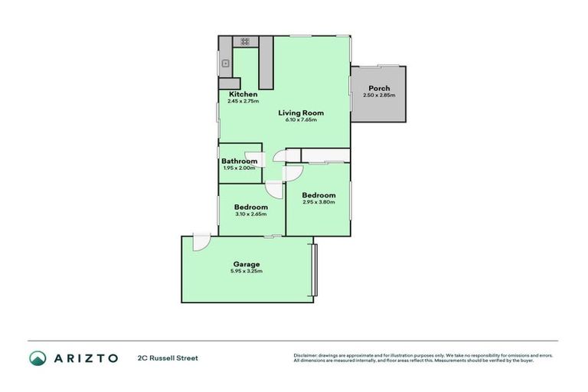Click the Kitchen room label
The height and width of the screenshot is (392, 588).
(x=242, y=94)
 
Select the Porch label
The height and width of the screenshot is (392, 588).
(x=378, y=88)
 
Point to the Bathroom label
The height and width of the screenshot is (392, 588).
(x=239, y=161)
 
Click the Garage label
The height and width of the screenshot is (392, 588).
(x=246, y=264)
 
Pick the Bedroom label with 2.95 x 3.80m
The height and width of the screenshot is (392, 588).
(x=318, y=195)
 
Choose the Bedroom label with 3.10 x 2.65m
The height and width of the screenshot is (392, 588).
(x=250, y=207)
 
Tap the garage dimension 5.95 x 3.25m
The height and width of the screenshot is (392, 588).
(x=246, y=271)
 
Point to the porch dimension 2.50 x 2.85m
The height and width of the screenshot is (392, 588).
(x=378, y=95)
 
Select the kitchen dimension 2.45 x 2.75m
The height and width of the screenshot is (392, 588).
(x=243, y=101)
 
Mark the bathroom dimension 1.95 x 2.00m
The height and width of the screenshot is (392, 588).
(x=239, y=168)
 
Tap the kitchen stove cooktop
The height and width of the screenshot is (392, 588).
(x=245, y=41)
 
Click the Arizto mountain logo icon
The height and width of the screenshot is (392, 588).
(x=38, y=358)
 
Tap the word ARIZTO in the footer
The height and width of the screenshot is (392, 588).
(x=86, y=358)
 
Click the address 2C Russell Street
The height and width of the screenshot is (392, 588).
(x=168, y=358)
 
